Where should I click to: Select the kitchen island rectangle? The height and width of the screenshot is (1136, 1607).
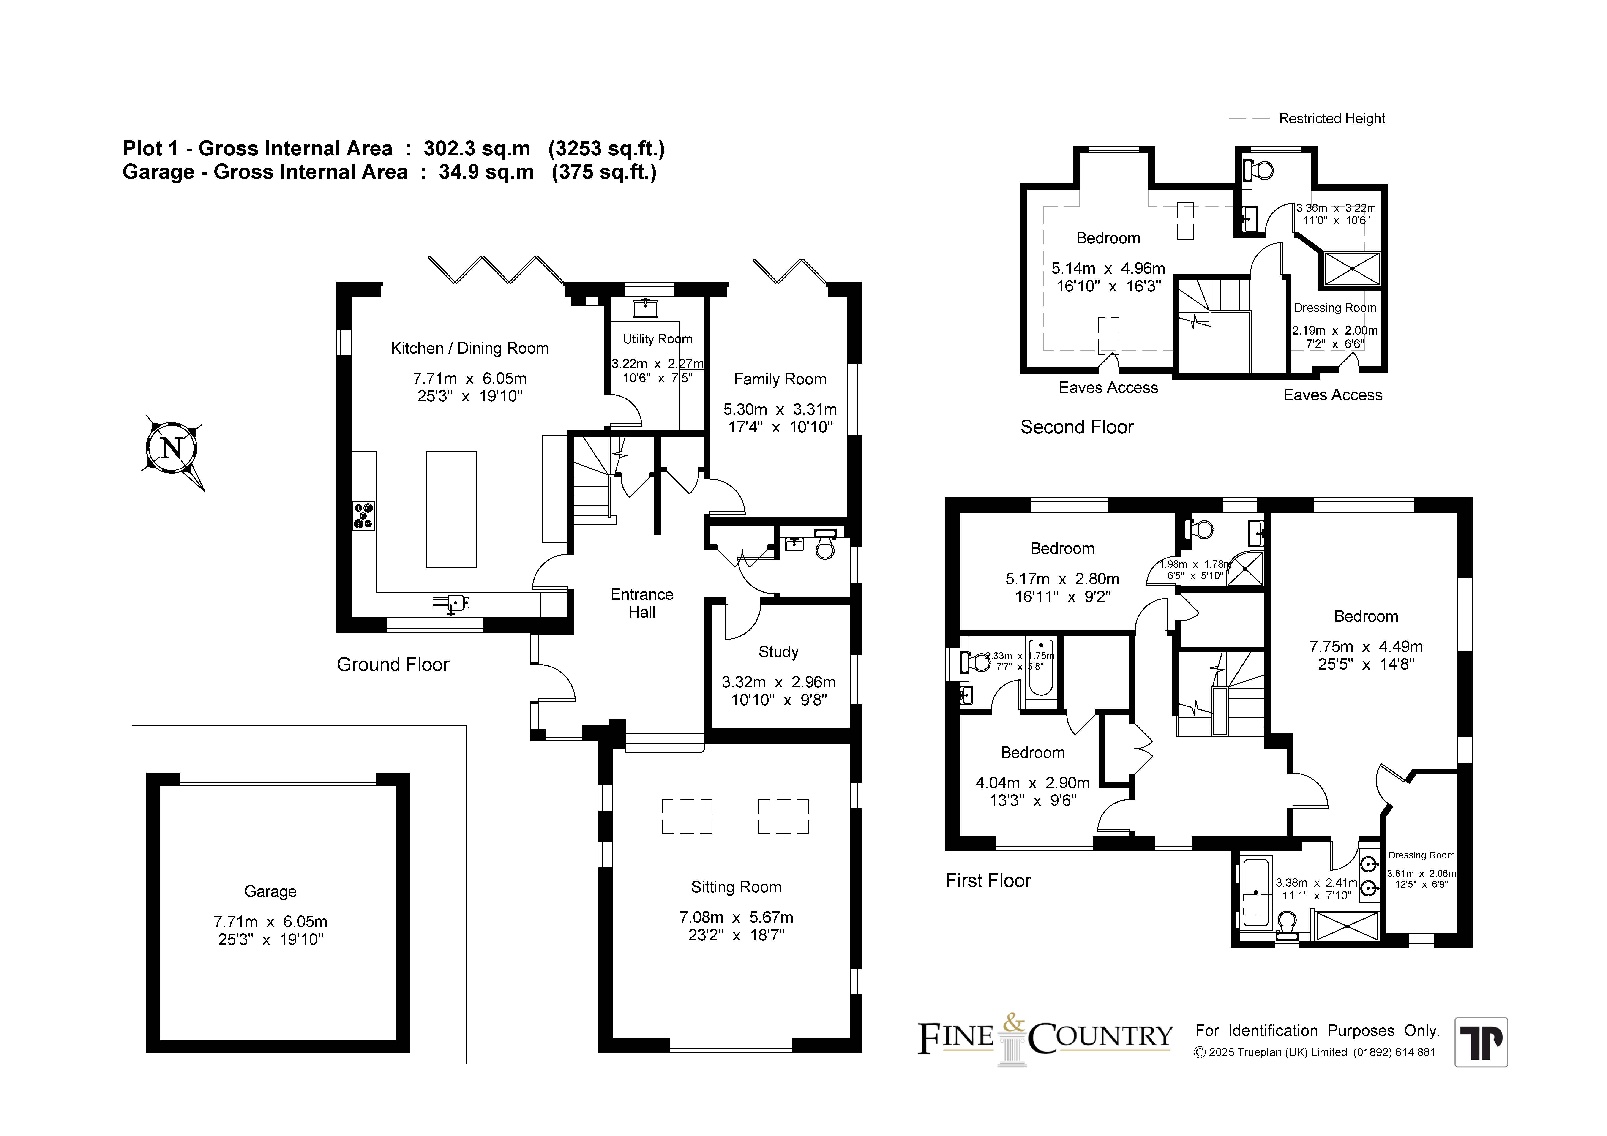(x=451, y=509)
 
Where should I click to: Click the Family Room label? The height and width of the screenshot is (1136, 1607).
(x=780, y=379)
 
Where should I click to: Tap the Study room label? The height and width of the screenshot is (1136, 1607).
(x=778, y=652)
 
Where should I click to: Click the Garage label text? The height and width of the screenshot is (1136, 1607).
(x=270, y=891)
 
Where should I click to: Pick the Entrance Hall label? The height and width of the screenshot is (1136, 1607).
(x=642, y=603)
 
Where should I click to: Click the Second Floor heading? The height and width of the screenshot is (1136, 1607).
(x=1076, y=427)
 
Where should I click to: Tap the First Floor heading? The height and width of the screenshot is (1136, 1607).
(x=988, y=880)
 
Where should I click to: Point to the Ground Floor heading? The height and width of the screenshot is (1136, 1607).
(x=393, y=664)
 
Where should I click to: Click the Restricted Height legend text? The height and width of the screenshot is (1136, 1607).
(x=1332, y=118)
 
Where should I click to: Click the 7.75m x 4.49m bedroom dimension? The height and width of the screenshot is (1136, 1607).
(x=1366, y=647)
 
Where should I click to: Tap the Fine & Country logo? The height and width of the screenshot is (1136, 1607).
(x=1045, y=1038)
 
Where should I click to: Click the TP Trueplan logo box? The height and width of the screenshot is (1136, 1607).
(x=1481, y=1042)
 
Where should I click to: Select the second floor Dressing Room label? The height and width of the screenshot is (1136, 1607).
(x=1335, y=308)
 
